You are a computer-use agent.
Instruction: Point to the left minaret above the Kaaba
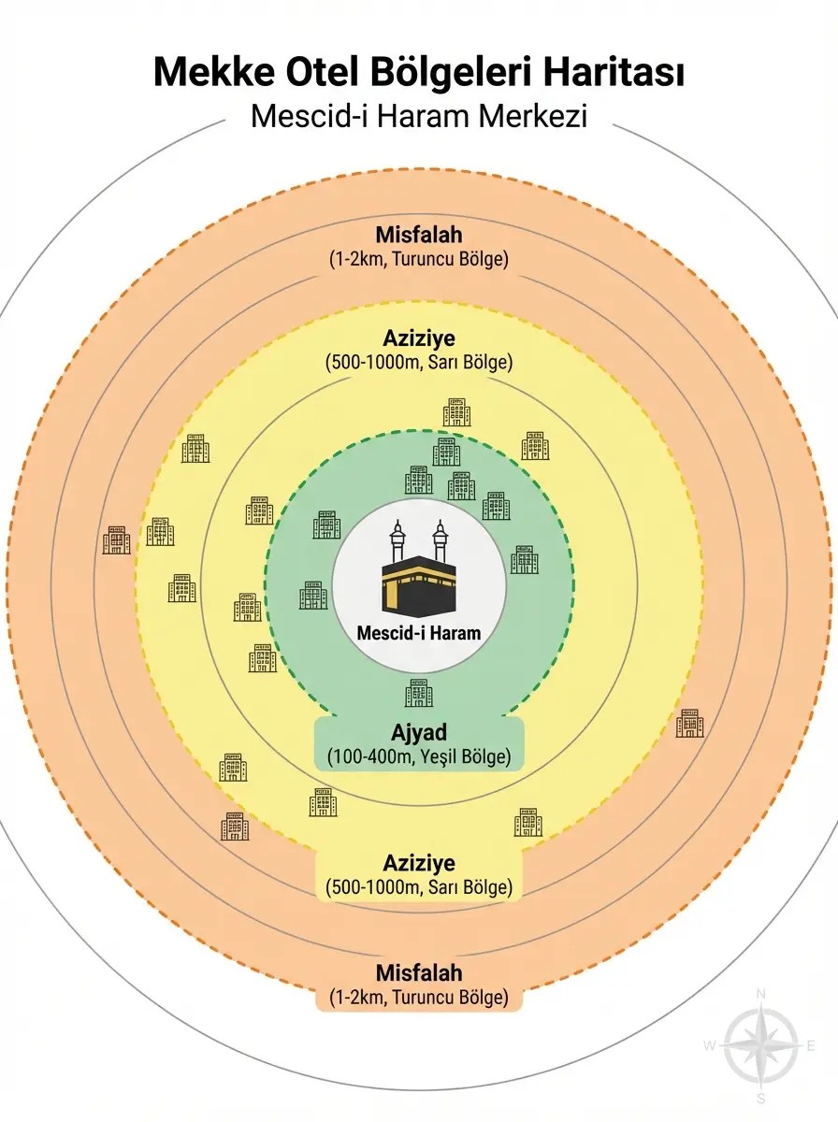tap(397, 540)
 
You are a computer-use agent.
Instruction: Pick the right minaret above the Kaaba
tap(441, 540)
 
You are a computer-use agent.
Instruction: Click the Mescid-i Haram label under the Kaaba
tap(419, 633)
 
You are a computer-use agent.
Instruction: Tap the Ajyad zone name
tap(419, 733)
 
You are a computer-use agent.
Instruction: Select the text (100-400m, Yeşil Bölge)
tap(419, 756)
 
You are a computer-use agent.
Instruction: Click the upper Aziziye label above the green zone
tap(419, 338)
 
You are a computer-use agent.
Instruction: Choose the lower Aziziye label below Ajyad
tap(419, 863)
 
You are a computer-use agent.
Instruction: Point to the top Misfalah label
tap(419, 235)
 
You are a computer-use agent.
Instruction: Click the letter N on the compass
tap(760, 994)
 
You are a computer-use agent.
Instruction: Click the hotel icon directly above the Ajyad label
tap(419, 693)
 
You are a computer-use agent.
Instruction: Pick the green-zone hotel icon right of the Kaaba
tap(525, 559)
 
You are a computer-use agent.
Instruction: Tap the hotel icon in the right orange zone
tap(689, 724)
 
